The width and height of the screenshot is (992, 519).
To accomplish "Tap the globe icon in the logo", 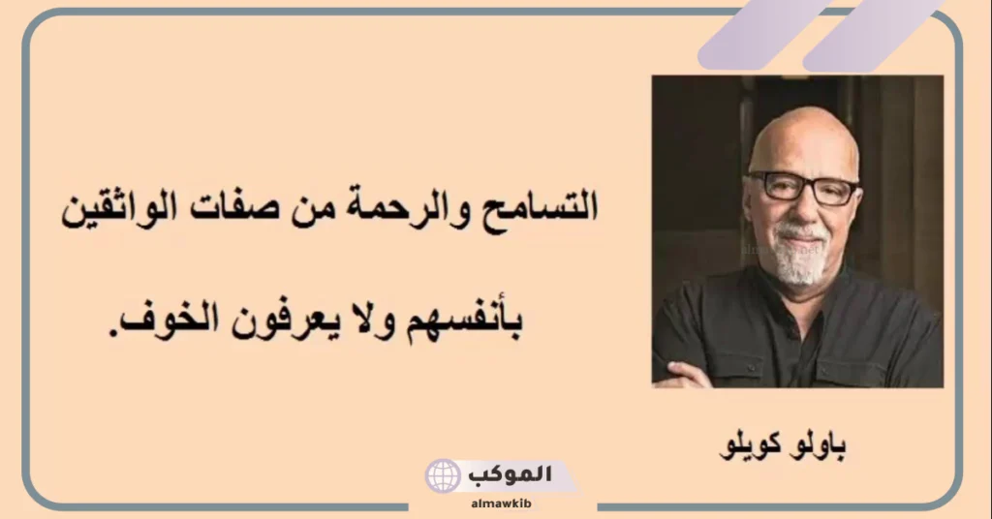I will (x=443, y=476).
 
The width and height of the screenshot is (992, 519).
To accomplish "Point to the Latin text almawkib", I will (x=500, y=504).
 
